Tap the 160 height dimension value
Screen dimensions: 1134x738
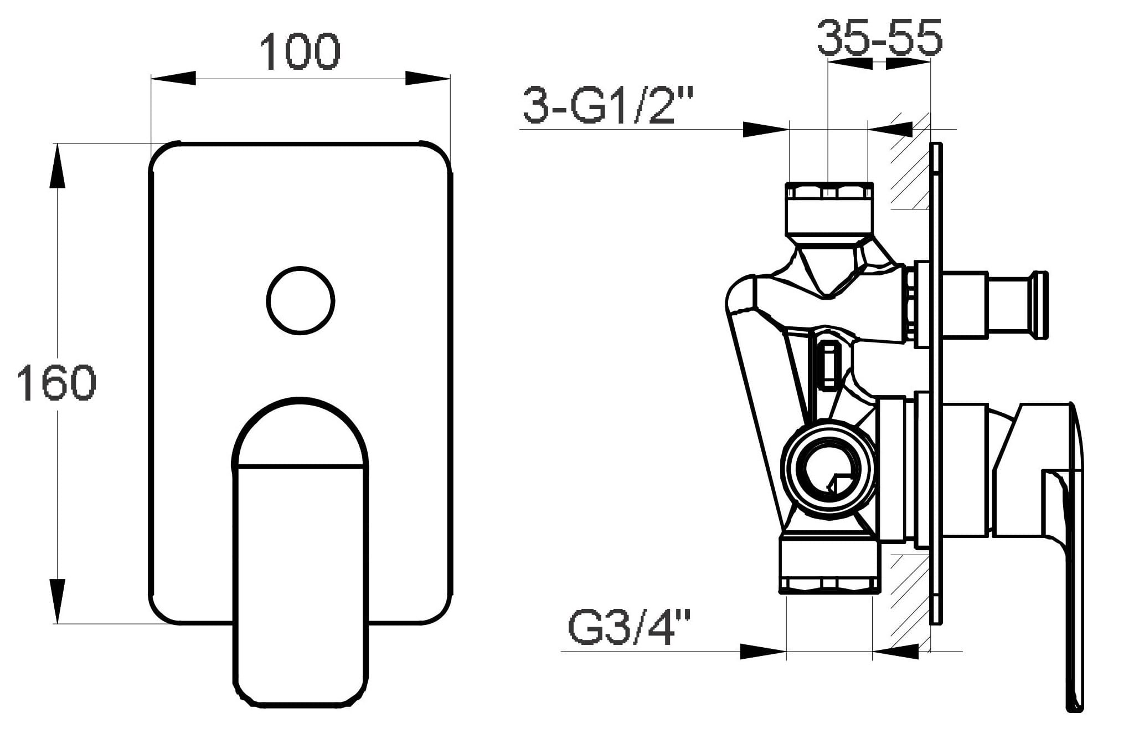coord(56,382)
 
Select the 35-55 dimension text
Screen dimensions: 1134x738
coord(879,37)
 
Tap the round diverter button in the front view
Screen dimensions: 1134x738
coord(301,301)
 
